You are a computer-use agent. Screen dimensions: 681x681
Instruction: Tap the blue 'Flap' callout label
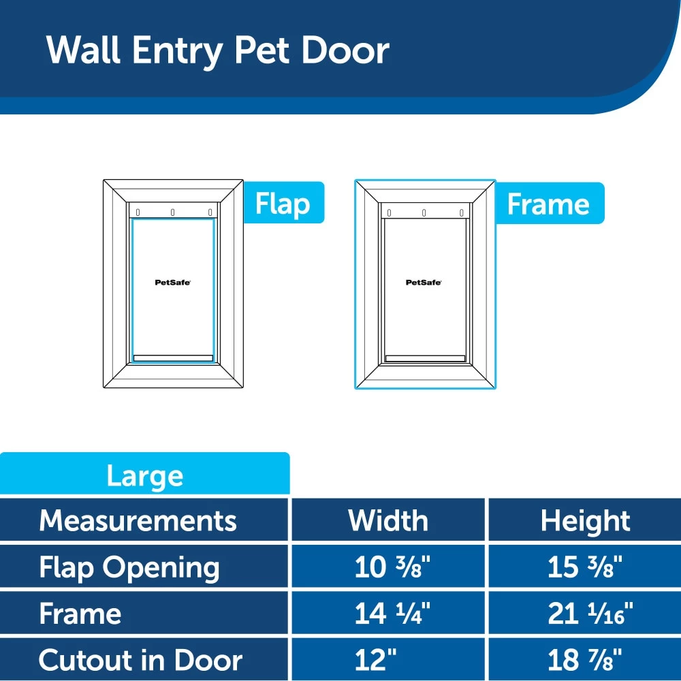(282, 203)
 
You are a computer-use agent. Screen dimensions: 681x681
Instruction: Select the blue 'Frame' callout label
(548, 204)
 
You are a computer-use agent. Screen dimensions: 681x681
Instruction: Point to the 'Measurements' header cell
(138, 520)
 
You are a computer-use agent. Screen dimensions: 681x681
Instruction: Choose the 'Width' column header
(388, 520)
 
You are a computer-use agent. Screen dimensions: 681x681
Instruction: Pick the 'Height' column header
(585, 520)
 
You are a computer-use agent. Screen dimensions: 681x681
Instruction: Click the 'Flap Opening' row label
(129, 567)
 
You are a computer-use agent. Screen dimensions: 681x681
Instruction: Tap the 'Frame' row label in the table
(80, 614)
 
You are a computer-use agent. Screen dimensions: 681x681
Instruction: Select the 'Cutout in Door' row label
(140, 660)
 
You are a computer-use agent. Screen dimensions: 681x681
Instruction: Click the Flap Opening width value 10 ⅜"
(388, 567)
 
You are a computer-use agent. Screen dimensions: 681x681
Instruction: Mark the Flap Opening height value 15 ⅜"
(585, 567)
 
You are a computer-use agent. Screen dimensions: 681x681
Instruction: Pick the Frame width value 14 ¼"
(388, 614)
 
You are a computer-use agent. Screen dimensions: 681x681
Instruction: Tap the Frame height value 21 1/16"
(590, 614)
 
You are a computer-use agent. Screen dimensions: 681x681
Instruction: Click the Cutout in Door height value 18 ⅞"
(585, 660)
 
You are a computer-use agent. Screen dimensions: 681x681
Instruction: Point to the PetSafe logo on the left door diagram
(172, 283)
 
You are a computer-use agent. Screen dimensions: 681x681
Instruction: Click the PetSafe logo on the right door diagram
(424, 283)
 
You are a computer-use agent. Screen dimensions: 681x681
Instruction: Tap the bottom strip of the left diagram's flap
(173, 358)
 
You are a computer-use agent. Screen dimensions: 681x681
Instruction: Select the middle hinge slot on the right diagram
(424, 212)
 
